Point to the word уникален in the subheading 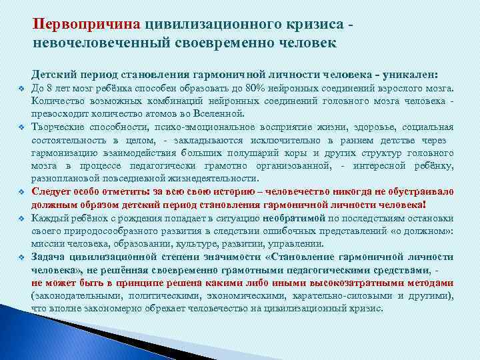[x=411, y=73]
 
